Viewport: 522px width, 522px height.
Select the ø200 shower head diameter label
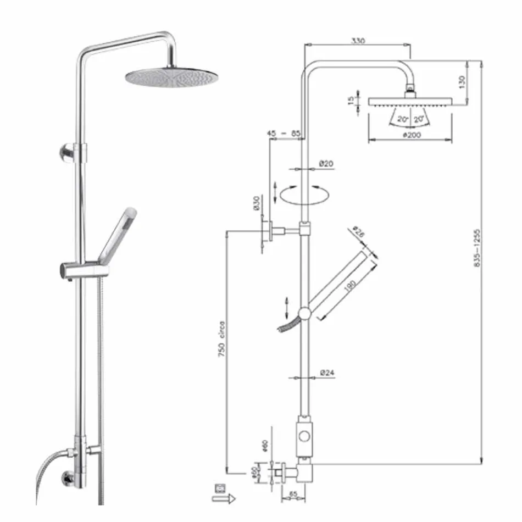411,135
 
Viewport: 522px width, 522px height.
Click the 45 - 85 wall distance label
284,134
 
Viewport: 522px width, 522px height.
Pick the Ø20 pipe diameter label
326,164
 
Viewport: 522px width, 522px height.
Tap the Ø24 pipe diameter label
329,373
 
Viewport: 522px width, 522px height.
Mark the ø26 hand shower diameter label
359,232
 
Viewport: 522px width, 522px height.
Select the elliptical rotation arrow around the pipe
304,194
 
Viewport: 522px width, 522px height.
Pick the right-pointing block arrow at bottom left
224,498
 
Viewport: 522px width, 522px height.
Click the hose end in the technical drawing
285,327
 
